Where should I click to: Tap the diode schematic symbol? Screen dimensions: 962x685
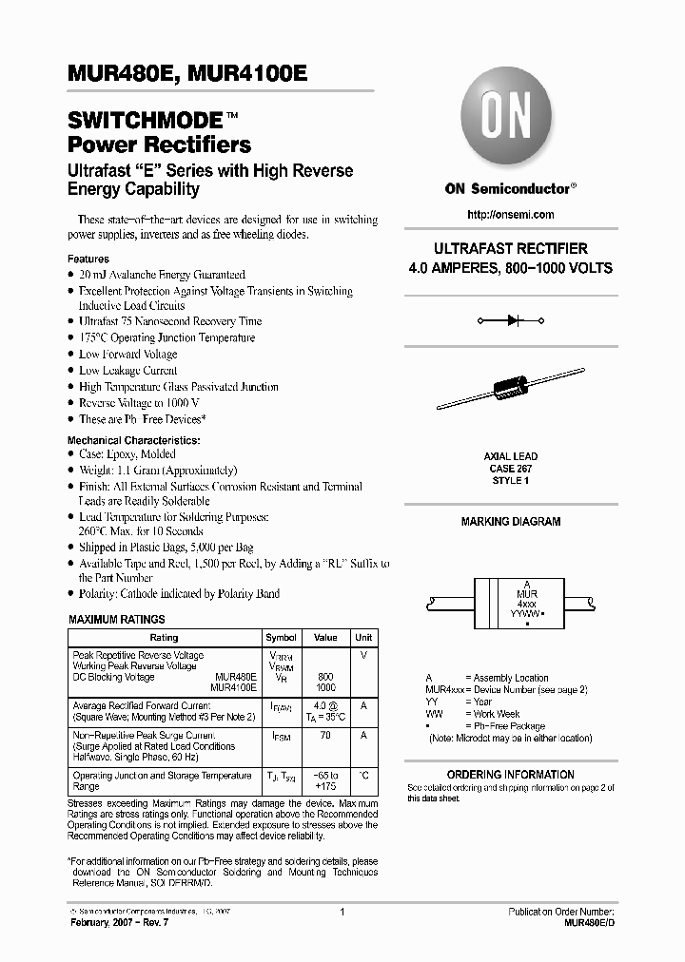click(510, 321)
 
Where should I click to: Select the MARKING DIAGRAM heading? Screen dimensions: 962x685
click(510, 522)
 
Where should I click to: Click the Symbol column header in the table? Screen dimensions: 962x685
click(281, 638)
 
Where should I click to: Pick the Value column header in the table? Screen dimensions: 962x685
click(325, 638)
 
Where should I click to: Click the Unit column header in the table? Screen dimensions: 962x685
click(363, 638)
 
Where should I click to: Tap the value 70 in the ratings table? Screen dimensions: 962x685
click(325, 736)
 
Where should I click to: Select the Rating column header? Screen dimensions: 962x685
click(164, 638)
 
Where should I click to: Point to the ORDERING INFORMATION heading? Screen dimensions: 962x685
click(510, 775)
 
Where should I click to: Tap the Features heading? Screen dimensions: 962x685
click(88, 259)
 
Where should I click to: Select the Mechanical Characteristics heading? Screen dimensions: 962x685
click(133, 441)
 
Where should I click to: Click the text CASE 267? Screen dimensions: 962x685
click(510, 469)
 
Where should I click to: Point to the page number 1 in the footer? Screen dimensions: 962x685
click(341, 912)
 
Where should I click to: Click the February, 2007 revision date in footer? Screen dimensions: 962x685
click(115, 924)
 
